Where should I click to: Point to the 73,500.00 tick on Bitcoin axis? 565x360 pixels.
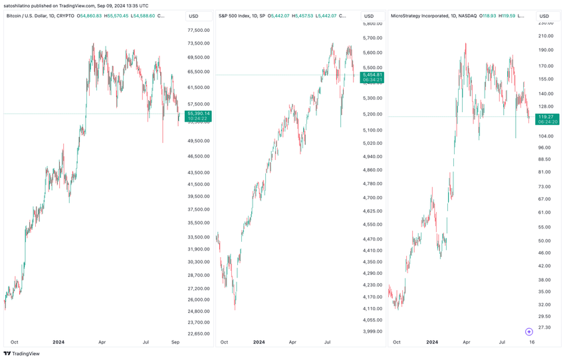coord(199,43)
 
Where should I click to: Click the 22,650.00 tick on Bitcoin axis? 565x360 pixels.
coord(199,333)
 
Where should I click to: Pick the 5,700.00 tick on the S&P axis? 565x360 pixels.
coord(372,38)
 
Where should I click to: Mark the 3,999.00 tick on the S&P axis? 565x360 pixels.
coord(372,331)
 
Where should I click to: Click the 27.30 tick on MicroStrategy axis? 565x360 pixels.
coord(544,327)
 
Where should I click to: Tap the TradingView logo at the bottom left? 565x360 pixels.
coord(21,353)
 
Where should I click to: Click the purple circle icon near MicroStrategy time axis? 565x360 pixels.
coord(529,331)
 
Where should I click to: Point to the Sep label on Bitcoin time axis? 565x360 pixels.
coord(175,342)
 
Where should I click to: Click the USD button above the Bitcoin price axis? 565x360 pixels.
coord(194,15)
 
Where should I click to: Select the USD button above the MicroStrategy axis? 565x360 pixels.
coord(544,15)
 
